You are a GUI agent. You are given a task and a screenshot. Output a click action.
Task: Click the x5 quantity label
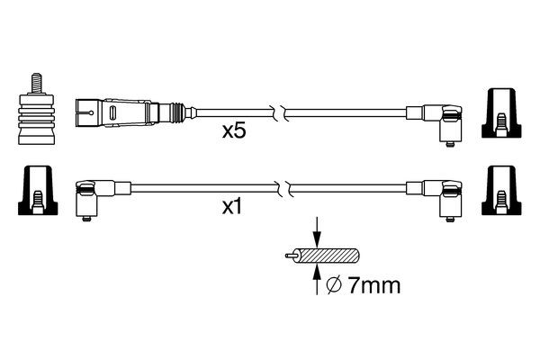pos(234,131)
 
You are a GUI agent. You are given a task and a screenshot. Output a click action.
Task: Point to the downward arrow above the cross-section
pos(317,231)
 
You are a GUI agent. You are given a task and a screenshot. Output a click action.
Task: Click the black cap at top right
pos(501,113)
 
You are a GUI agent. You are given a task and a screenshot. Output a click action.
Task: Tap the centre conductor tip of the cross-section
pos(288,256)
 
